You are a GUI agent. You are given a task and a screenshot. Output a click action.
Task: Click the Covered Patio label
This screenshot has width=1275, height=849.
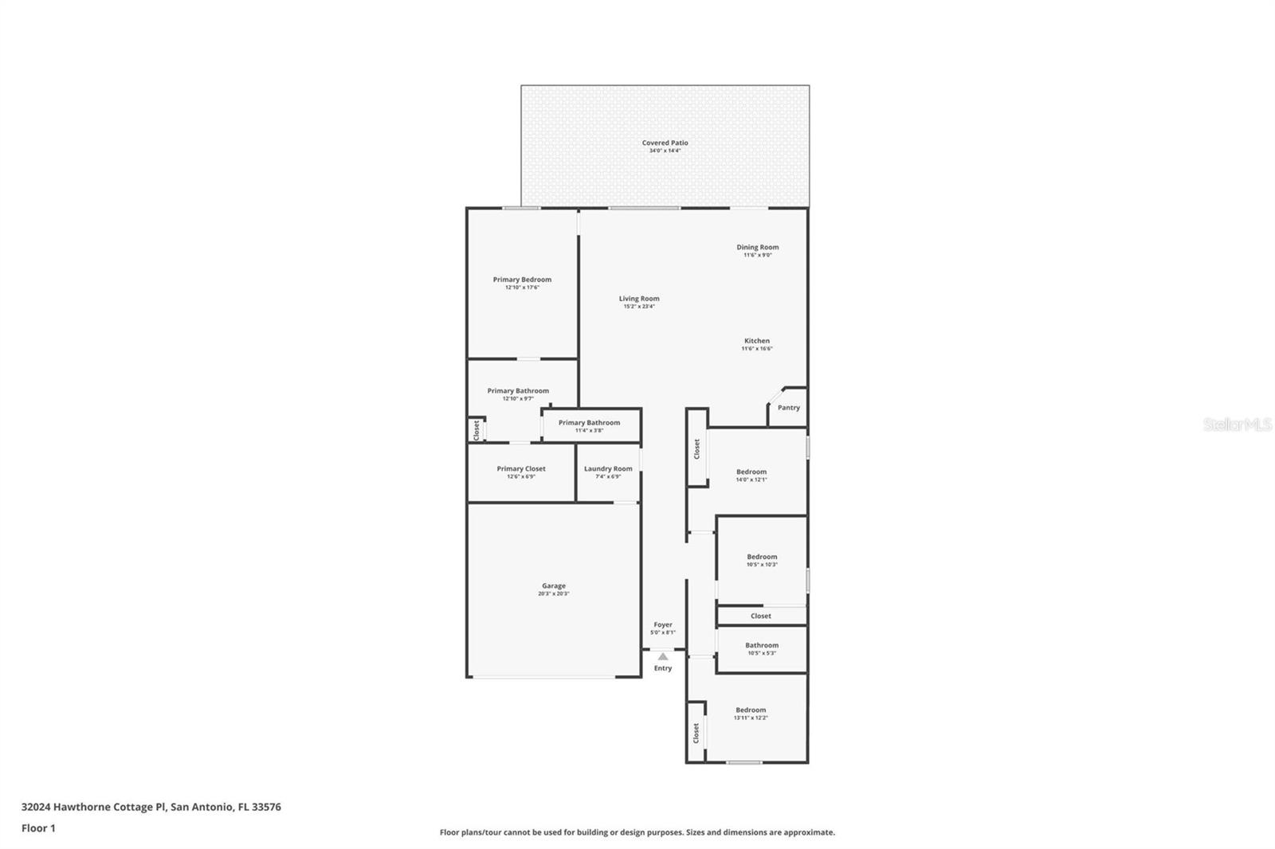click(x=665, y=143)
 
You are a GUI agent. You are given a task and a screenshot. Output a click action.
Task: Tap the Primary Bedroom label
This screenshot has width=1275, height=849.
click(x=522, y=280)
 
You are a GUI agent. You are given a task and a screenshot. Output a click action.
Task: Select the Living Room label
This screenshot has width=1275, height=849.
click(x=639, y=299)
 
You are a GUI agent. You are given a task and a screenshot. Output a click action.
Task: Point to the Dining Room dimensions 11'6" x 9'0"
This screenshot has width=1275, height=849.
click(x=757, y=255)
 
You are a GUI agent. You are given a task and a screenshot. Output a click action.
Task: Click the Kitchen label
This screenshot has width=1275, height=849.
click(x=757, y=341)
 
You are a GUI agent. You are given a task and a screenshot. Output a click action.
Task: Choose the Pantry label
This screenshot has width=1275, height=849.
click(x=788, y=408)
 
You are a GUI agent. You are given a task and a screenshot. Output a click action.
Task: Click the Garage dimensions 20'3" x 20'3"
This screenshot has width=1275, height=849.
click(x=554, y=593)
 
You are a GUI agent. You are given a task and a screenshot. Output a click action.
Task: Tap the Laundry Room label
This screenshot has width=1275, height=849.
click(x=608, y=469)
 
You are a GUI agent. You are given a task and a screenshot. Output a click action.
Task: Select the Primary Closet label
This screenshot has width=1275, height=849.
click(x=521, y=469)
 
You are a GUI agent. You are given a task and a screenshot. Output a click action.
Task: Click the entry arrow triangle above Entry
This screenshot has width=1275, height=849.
click(x=663, y=656)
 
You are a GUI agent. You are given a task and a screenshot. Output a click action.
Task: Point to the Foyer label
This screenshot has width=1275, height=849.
click(x=663, y=625)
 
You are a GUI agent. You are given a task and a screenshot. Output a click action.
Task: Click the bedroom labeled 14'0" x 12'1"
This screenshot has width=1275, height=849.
click(x=751, y=472)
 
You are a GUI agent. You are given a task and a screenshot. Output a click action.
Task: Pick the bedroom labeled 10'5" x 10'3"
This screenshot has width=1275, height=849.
click(x=762, y=558)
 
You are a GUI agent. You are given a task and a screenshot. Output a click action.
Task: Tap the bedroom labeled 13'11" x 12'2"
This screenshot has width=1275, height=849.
click(x=751, y=710)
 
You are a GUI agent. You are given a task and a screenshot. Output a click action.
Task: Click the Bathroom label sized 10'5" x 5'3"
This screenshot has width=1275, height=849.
click(x=762, y=646)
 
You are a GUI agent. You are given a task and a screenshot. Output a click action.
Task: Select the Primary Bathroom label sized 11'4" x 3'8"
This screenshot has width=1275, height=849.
click(x=589, y=423)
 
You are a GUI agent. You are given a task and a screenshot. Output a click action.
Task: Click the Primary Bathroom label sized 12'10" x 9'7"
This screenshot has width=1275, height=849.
click(x=518, y=391)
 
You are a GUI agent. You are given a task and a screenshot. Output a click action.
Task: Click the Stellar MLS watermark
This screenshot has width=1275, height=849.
click(x=1237, y=425)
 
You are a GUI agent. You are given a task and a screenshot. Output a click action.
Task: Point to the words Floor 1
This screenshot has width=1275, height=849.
click(x=38, y=828)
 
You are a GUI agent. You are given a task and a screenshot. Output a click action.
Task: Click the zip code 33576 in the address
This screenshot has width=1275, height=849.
click(x=266, y=807)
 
